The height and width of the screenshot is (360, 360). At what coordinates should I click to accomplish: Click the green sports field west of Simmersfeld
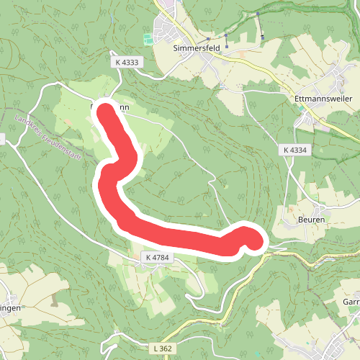point(148,37)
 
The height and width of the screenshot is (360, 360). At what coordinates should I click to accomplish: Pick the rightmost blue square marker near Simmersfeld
point(261,36)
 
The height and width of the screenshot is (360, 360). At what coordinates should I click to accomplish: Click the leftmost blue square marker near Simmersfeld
point(207,39)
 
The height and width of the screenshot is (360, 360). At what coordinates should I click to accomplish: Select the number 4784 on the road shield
point(163,256)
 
